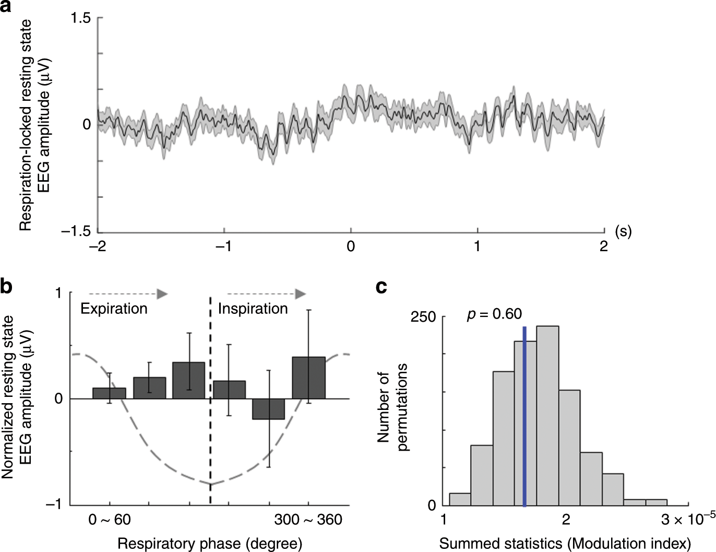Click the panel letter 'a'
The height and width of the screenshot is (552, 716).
[x=7, y=7]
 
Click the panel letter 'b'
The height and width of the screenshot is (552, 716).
[x=7, y=287]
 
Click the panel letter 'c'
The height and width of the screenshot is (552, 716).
[x=381, y=287]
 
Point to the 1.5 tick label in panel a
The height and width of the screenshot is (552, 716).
[x=81, y=18]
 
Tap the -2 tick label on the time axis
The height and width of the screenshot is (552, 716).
[x=98, y=246]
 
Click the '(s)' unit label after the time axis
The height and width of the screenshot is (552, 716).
[x=623, y=231]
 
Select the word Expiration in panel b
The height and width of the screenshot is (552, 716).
[x=114, y=309]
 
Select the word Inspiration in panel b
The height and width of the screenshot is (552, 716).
[x=253, y=309]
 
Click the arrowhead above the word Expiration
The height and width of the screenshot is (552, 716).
[x=162, y=294]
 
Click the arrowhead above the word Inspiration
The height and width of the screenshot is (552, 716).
[x=300, y=294]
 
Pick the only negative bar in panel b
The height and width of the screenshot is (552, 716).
[x=269, y=409]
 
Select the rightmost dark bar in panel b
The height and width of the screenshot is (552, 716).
[x=308, y=378]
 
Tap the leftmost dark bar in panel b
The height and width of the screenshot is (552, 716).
[x=109, y=393]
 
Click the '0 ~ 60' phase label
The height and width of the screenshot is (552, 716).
[x=110, y=520]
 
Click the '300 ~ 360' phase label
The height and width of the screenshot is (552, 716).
[x=308, y=520]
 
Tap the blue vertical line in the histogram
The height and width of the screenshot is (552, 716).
[x=524, y=418]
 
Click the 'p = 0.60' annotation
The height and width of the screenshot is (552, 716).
[x=494, y=314]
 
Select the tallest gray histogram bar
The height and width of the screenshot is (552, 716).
[x=547, y=416]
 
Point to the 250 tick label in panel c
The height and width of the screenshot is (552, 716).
[x=423, y=317]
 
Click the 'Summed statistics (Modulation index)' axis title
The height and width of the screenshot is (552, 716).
[x=565, y=544]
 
